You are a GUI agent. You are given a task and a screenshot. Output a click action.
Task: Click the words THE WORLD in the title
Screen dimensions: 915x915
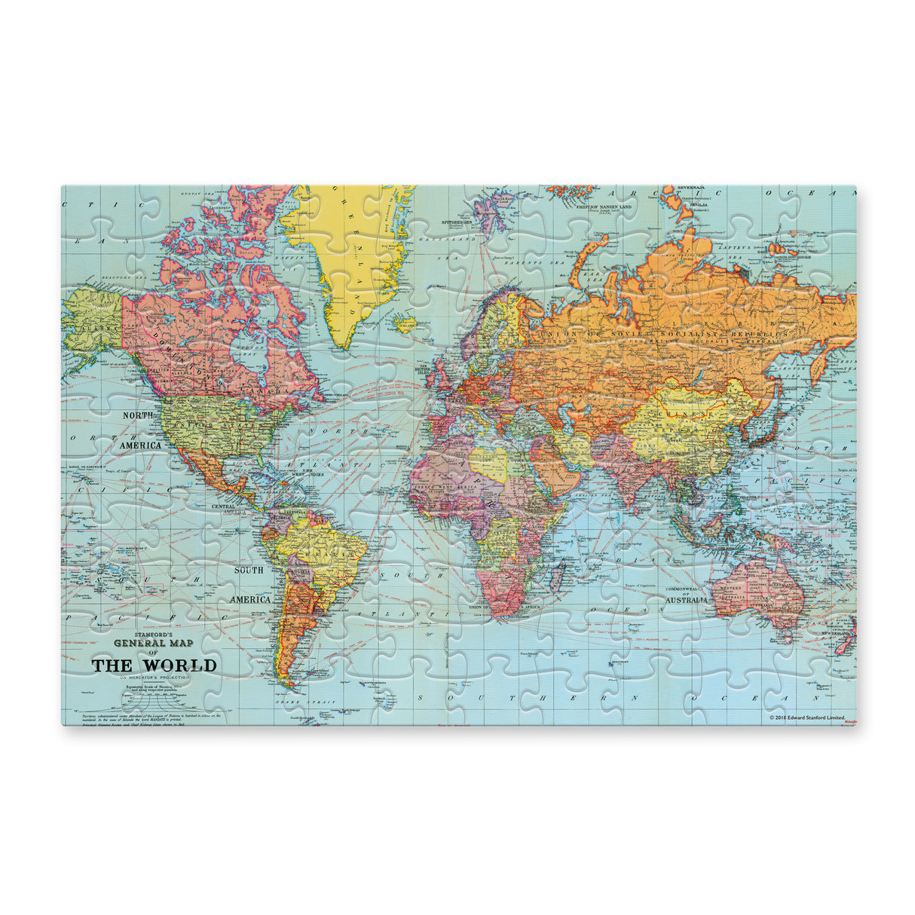point(154,666)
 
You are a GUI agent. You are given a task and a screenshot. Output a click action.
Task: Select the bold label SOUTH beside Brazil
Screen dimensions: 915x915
point(249,571)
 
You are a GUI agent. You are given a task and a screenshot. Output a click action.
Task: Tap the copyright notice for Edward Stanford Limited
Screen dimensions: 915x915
point(806,718)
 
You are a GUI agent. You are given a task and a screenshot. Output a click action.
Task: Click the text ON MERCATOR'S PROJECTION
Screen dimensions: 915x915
point(154,678)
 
